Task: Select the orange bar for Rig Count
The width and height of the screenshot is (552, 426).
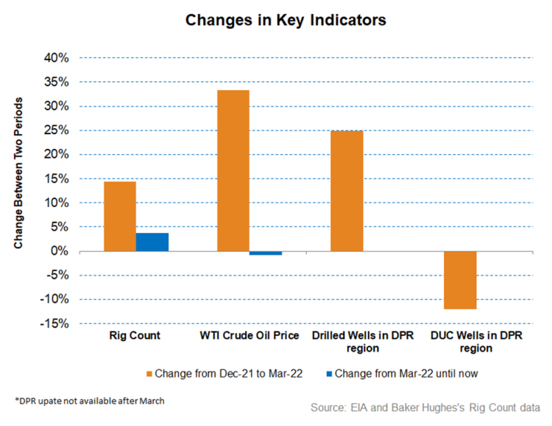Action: [x=119, y=216]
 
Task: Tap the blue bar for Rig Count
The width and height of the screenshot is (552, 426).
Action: [x=152, y=242]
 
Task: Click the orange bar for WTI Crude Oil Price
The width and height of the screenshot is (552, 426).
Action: [x=233, y=170]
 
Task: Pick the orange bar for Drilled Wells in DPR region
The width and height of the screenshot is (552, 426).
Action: [x=346, y=191]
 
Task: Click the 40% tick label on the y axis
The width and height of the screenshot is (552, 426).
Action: [x=57, y=57]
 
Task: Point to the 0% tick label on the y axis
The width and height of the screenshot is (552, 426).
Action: [x=60, y=251]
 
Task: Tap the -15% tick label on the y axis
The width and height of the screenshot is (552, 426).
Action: [x=56, y=324]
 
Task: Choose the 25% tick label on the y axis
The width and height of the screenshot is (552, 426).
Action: [x=57, y=130]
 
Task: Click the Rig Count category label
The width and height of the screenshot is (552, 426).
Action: [x=136, y=336]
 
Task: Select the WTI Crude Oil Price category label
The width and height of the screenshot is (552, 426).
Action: [x=250, y=336]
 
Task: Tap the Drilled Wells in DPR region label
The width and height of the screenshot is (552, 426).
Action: [x=363, y=342]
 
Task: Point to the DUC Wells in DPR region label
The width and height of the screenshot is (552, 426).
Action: [x=476, y=342]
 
